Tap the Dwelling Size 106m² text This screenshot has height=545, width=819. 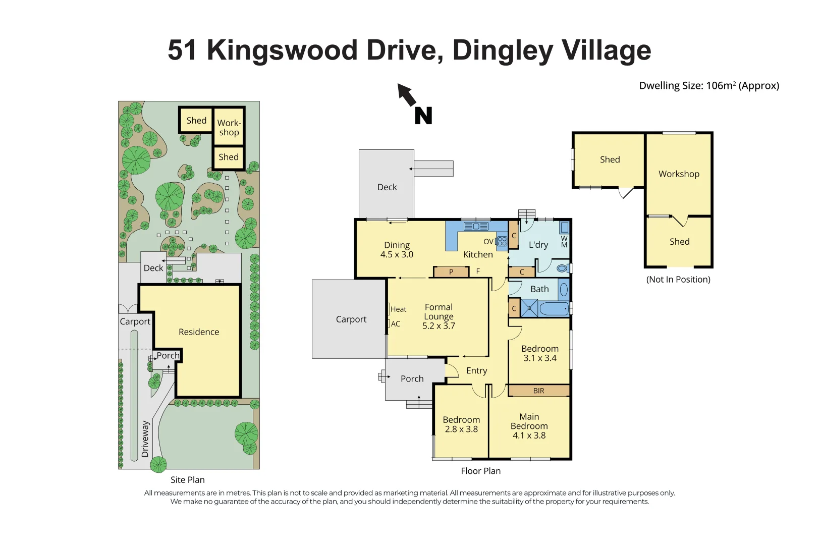pos(708,86)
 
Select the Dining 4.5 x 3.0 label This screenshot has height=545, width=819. pos(397,250)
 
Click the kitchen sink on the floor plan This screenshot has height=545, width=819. pos(476,227)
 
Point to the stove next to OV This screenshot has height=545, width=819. pos(502,241)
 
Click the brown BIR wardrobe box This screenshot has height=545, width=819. pos(538,391)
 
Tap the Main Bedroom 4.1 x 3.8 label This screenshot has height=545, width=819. pos(529,426)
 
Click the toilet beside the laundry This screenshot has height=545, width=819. pos(562,268)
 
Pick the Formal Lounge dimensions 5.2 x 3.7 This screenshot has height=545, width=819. pos(439,326)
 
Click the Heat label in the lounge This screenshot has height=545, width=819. pos(398,309)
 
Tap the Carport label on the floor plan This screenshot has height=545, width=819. pos(351,319)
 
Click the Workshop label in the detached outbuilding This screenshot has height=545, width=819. pos(679,174)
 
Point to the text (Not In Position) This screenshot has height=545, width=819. pos(678,280)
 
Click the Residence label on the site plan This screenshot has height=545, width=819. pos(199,332)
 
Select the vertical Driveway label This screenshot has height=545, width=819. pos(145,439)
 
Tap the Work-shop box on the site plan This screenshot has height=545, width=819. pos(229,127)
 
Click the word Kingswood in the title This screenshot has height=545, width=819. pos(282,50)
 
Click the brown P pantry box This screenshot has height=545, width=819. pos(451,272)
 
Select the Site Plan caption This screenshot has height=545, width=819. pos(187,480)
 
